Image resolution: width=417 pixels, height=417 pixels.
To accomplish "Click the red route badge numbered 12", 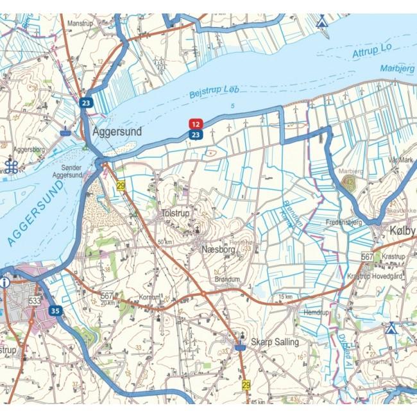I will pyautogui.click(x=196, y=123).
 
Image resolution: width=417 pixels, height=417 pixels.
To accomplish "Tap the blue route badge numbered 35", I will pyautogui.click(x=55, y=311).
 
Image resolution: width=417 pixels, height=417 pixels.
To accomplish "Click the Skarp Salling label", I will pyautogui.click(x=275, y=343).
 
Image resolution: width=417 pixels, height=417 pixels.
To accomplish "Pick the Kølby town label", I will pyautogui.click(x=402, y=230).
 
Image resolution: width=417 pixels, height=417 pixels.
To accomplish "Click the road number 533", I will pyautogui.click(x=35, y=300).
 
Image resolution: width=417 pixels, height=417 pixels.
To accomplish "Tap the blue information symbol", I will pyautogui.click(x=4, y=282).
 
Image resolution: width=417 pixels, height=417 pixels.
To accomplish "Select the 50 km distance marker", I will pyautogui.click(x=166, y=242).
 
